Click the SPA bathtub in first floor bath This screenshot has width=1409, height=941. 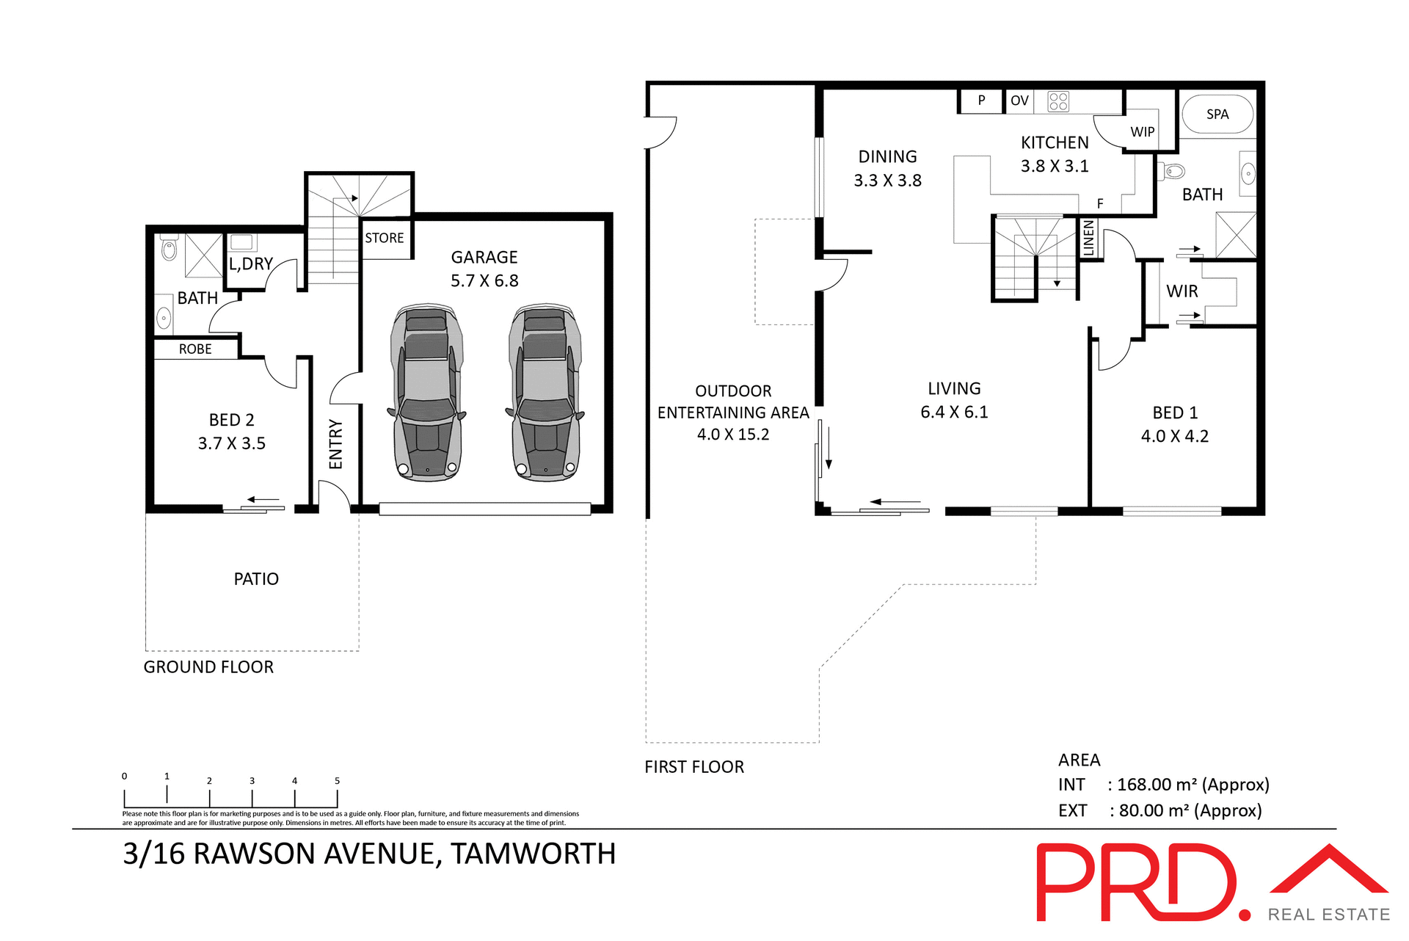click(x=1217, y=114)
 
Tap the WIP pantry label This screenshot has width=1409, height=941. click(x=1142, y=132)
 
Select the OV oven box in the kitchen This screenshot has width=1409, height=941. click(x=1019, y=101)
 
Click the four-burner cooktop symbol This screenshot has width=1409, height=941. click(x=1058, y=101)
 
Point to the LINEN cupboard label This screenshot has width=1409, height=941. click(x=1088, y=238)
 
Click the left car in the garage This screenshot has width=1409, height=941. click(x=427, y=393)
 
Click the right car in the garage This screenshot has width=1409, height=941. click(x=545, y=393)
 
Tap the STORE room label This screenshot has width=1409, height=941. click(x=385, y=238)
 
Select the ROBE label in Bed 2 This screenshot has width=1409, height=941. click(x=195, y=349)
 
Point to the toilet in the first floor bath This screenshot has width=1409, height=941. click(x=1173, y=172)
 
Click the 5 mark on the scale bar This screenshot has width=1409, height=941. click(x=337, y=781)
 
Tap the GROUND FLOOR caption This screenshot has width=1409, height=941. click(x=208, y=667)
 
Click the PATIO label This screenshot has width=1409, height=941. click(x=256, y=579)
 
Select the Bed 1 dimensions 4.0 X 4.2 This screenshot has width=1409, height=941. click(x=1174, y=436)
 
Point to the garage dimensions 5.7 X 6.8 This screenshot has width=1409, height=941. click(x=484, y=280)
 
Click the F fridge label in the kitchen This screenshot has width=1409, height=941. click(x=1100, y=203)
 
